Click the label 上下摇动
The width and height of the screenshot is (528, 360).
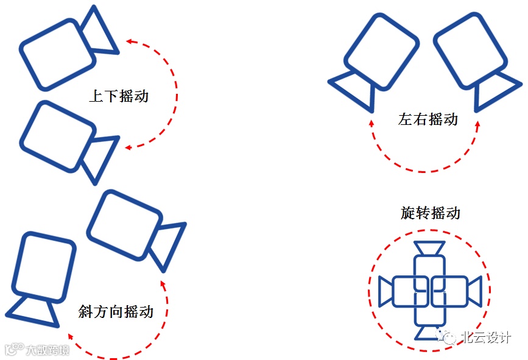(119, 96)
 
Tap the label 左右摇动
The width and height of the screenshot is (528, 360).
(428, 119)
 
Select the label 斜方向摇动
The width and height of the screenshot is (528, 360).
(116, 312)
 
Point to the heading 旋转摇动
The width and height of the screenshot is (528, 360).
(431, 213)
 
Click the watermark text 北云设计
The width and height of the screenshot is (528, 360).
(485, 337)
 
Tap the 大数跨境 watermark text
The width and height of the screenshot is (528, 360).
(47, 350)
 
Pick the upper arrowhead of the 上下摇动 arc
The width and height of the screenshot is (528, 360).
(129, 41)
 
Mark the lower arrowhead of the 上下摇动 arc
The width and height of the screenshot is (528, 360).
(128, 147)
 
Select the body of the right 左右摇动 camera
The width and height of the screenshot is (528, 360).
(470, 51)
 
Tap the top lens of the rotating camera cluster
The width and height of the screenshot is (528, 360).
(429, 249)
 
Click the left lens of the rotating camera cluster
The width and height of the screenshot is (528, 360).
(385, 291)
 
